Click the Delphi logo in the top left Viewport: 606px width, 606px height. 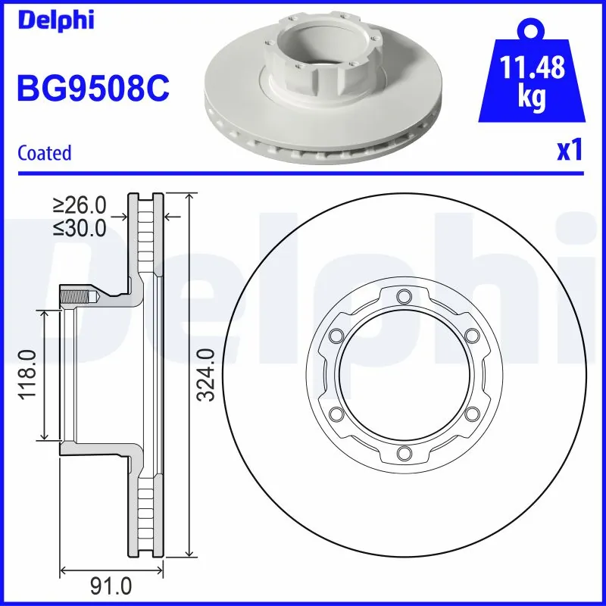click(x=55, y=20)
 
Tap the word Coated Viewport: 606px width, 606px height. click(x=44, y=153)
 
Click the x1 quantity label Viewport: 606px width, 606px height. click(x=569, y=151)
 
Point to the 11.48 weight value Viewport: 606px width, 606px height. click(x=533, y=69)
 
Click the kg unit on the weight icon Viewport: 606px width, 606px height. click(x=533, y=99)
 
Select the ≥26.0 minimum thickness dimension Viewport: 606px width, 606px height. click(x=79, y=205)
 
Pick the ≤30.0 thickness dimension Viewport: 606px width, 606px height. click(x=79, y=228)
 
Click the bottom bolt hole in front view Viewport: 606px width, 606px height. click(x=403, y=454)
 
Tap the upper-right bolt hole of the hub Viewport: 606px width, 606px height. click(x=472, y=335)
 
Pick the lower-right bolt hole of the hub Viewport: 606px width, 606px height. click(x=472, y=414)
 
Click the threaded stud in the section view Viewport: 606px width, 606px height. click(x=76, y=296)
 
